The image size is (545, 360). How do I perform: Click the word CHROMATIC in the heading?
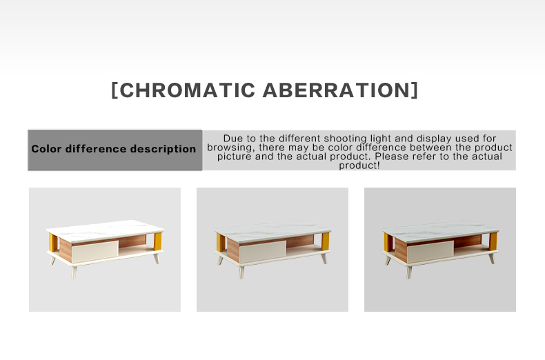coord(188,90)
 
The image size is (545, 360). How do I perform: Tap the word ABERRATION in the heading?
coord(337,90)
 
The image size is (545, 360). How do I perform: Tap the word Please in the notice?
coord(392,157)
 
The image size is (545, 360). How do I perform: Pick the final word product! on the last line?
coord(359,166)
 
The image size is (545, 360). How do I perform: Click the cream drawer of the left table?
coord(95,251)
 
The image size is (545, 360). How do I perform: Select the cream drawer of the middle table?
coord(263,251)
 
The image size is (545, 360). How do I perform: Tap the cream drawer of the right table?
coord(430,251)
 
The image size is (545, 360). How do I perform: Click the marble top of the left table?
coord(105,230)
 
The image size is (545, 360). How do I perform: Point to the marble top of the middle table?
coord(273,231)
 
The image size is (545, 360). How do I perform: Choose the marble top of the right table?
coord(440,231)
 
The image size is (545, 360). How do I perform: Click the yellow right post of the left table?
coord(158,241)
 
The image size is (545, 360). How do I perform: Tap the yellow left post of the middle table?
coord(220,242)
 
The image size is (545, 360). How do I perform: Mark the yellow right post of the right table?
coord(493,241)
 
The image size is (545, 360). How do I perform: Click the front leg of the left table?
coord(74,272)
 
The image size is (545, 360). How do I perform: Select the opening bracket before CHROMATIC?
coord(115,90)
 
